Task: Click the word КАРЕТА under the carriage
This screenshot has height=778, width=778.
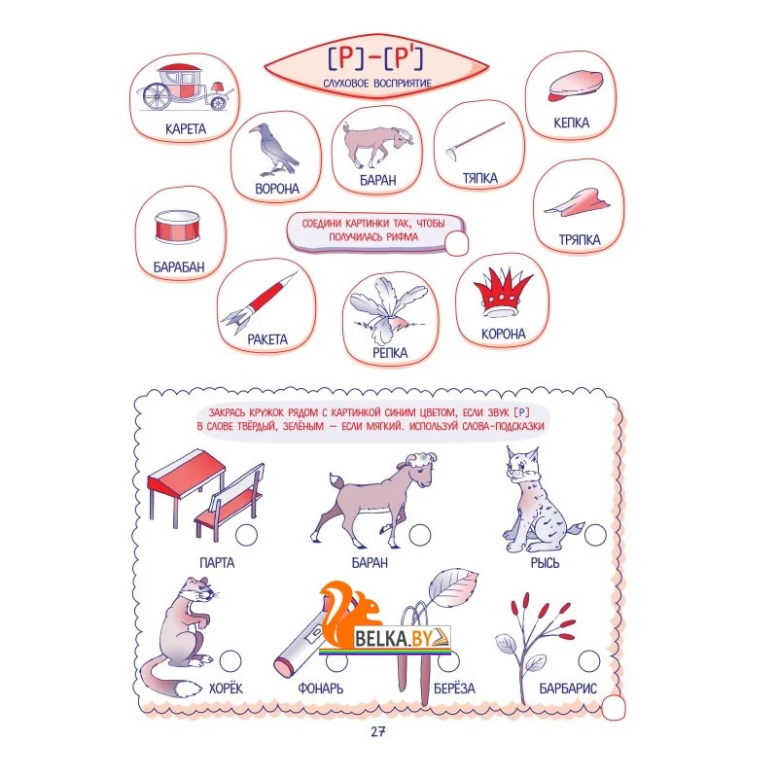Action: pyautogui.click(x=186, y=129)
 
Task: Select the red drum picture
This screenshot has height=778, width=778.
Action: pyautogui.click(x=178, y=228)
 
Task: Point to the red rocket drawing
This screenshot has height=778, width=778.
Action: pyautogui.click(x=259, y=301)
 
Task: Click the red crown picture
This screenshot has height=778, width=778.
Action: pyautogui.click(x=502, y=293)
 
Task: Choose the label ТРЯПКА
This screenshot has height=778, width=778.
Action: pyautogui.click(x=580, y=240)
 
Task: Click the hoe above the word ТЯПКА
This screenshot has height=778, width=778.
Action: pyautogui.click(x=474, y=142)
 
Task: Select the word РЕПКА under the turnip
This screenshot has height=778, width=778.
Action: pyautogui.click(x=390, y=353)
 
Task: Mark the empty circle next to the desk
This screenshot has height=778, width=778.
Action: pyautogui.click(x=247, y=535)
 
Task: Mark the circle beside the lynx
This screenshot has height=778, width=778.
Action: pyautogui.click(x=595, y=535)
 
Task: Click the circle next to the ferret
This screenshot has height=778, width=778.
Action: pyautogui.click(x=230, y=661)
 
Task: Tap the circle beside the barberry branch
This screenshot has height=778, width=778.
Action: pyautogui.click(x=589, y=661)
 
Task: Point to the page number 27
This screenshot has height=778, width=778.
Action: pyautogui.click(x=378, y=731)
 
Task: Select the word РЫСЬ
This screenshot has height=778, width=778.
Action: pyautogui.click(x=545, y=563)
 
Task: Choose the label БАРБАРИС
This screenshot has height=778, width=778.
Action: pyautogui.click(x=568, y=689)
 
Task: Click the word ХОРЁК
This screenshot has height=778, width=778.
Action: pyautogui.click(x=226, y=689)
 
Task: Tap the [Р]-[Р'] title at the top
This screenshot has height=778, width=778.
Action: pyautogui.click(x=375, y=58)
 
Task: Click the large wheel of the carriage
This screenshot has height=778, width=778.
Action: pyautogui.click(x=157, y=96)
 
